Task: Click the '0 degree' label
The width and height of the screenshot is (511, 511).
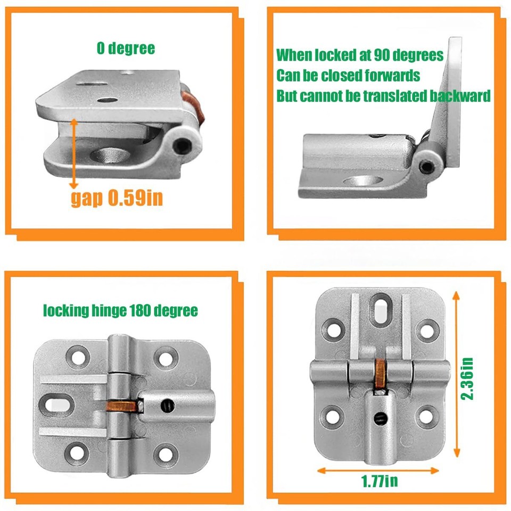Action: tap(126, 49)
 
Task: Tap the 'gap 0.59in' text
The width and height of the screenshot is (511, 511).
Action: tap(117, 198)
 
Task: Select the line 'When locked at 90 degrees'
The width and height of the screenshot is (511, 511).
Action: tap(360, 55)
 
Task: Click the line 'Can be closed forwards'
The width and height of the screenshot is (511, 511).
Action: tap(348, 76)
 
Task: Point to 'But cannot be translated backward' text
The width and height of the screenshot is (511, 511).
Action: tap(383, 96)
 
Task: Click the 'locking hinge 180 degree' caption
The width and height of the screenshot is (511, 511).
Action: tap(120, 310)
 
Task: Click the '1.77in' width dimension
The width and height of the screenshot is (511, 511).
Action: tap(379, 482)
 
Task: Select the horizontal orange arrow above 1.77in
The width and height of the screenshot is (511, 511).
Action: tap(378, 470)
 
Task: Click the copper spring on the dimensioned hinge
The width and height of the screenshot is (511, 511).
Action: tap(380, 373)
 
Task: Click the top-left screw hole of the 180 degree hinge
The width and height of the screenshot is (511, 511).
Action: tap(78, 357)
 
